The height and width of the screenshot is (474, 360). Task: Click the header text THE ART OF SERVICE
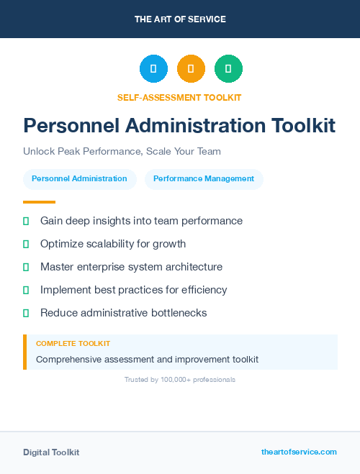pyautogui.click(x=180, y=19)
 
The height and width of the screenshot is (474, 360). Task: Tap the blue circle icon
pyautogui.click(x=153, y=69)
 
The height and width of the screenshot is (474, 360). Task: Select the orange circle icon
pyautogui.click(x=191, y=69)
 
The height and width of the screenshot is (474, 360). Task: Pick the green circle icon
pyautogui.click(x=228, y=69)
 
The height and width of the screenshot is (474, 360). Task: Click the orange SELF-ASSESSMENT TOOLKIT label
pyautogui.click(x=179, y=97)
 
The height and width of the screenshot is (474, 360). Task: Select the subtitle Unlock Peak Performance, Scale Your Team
pyautogui.click(x=122, y=152)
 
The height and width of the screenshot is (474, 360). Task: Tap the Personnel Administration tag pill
pyautogui.click(x=79, y=178)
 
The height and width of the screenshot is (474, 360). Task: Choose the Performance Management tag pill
pyautogui.click(x=204, y=178)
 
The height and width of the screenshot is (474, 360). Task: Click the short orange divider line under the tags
pyautogui.click(x=39, y=202)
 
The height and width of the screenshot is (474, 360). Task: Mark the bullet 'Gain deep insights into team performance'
pyautogui.click(x=141, y=221)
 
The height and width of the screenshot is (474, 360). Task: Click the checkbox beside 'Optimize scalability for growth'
pyautogui.click(x=26, y=244)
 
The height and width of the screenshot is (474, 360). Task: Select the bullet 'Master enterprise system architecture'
pyautogui.click(x=131, y=267)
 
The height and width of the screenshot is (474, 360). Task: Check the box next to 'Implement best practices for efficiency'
pyautogui.click(x=26, y=290)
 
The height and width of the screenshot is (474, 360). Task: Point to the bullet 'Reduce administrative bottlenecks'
pyautogui.click(x=123, y=313)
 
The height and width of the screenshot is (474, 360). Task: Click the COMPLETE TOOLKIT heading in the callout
pyautogui.click(x=73, y=344)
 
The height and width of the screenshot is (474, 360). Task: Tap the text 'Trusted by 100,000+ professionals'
pyautogui.click(x=180, y=379)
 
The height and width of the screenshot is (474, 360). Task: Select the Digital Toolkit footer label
pyautogui.click(x=51, y=452)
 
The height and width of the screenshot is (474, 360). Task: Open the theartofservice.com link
pyautogui.click(x=299, y=452)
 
